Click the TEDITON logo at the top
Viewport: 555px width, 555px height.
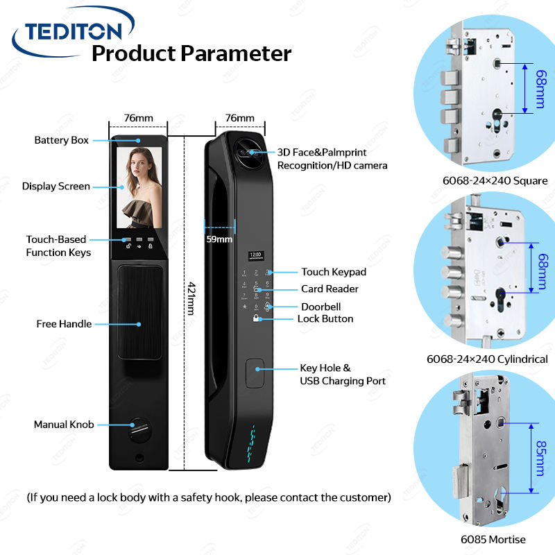(x=72, y=30)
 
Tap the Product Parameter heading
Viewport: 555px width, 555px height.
(x=191, y=53)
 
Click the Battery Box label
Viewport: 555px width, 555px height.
(x=62, y=140)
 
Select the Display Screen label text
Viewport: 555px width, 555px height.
(x=56, y=186)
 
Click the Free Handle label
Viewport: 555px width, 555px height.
(x=64, y=324)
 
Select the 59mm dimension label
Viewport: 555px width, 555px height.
(x=220, y=239)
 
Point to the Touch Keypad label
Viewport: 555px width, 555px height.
(x=333, y=272)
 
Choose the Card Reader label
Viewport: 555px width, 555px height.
(x=330, y=289)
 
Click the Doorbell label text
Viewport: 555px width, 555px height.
(x=321, y=307)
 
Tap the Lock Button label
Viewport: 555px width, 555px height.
(x=325, y=319)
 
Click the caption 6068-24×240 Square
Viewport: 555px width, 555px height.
(x=495, y=181)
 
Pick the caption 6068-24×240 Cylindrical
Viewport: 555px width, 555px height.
(x=487, y=359)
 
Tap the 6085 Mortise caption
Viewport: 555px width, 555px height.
(x=493, y=539)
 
